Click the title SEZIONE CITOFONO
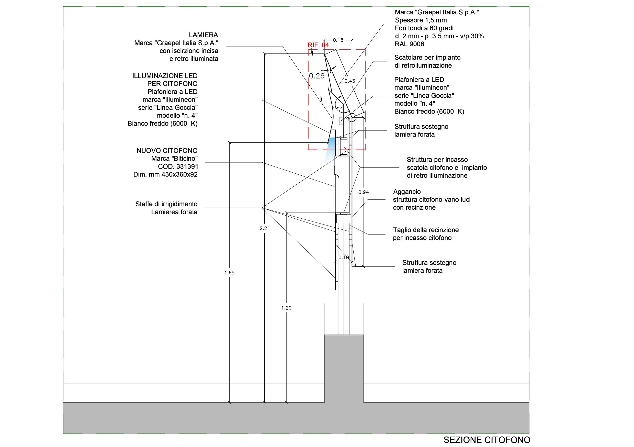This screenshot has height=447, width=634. click(487, 440)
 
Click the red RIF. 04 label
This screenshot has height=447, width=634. click(318, 45)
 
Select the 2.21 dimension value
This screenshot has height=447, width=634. click(265, 228)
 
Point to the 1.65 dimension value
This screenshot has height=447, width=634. click(230, 273)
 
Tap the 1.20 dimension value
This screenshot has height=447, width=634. click(286, 308)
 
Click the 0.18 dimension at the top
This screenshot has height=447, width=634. click(338, 40)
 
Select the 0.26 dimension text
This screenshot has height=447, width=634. click(316, 76)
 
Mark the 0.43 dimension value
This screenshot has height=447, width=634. click(349, 81)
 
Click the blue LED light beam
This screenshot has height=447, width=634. click(331, 149)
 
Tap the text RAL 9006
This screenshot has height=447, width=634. click(409, 44)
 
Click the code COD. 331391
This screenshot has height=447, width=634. click(178, 166)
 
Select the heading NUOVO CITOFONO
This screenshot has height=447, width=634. click(167, 151)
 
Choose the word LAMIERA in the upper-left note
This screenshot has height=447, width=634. click(203, 35)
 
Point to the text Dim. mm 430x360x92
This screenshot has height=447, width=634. click(165, 175)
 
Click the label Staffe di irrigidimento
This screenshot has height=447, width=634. click(166, 204)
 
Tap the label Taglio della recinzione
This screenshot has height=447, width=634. click(426, 230)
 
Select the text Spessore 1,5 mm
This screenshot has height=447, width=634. click(421, 20)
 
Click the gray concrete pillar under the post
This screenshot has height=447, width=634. click(344, 368)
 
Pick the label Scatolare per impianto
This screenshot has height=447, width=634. click(427, 58)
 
